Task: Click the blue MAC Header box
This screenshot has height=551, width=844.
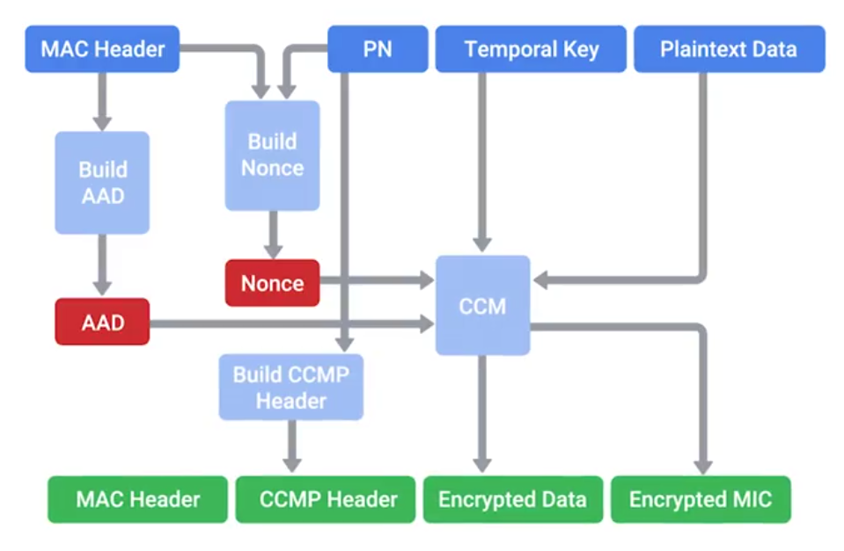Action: (103, 49)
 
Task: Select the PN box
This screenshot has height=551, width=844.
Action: (378, 49)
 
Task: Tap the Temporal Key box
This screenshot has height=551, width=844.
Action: (531, 49)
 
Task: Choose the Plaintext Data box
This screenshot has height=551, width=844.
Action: (729, 49)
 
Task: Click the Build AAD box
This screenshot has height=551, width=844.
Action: (102, 183)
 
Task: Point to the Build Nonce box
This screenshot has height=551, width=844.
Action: (272, 156)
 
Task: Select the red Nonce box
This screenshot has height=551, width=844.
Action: (272, 283)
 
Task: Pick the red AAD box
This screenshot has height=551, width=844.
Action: (102, 322)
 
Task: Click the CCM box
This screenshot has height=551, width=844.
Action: (482, 305)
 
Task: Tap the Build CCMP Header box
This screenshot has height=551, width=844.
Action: (291, 388)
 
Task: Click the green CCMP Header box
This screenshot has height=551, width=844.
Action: (328, 500)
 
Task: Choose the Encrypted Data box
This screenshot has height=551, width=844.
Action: (512, 500)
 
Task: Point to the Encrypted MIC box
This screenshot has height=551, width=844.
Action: (701, 500)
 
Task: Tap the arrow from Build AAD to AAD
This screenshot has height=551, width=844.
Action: (103, 264)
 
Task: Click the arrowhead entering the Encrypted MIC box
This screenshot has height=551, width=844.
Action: (701, 466)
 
